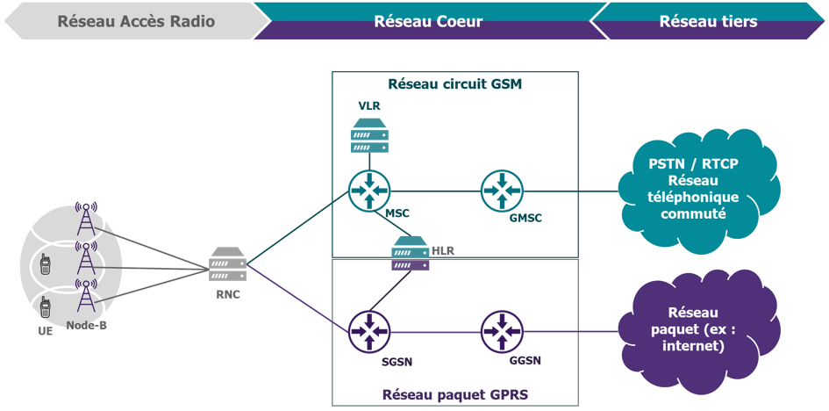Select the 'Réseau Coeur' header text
pyautogui.click(x=428, y=21)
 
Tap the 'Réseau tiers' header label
pyautogui.click(x=708, y=21)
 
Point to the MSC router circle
pyautogui.click(x=368, y=190)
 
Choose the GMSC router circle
pyautogui.click(x=502, y=190)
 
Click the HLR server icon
pyautogui.click(x=410, y=252)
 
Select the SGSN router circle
pyautogui.click(x=368, y=331)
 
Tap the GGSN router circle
pyautogui.click(x=502, y=331)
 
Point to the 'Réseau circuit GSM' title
pyautogui.click(x=454, y=85)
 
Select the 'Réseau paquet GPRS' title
pyautogui.click(x=454, y=394)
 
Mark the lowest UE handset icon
pyautogui.click(x=45, y=308)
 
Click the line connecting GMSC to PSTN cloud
pyautogui.click(x=570, y=190)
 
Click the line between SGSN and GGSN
pyautogui.click(x=435, y=331)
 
